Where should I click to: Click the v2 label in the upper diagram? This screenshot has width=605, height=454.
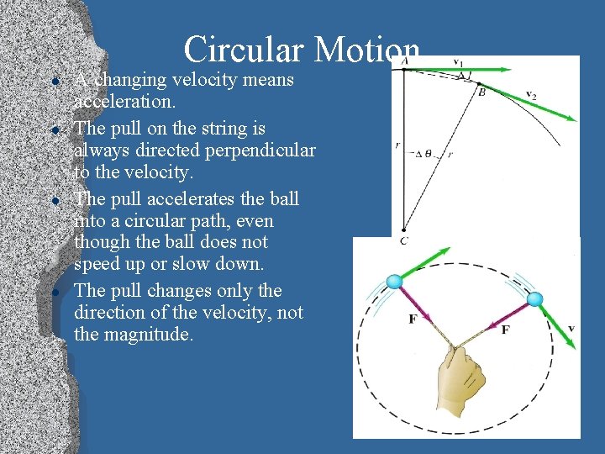(531, 94)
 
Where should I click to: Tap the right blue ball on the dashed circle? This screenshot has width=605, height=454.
(534, 299)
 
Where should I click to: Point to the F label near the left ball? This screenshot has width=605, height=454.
(413, 319)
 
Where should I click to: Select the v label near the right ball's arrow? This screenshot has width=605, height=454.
(571, 328)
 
